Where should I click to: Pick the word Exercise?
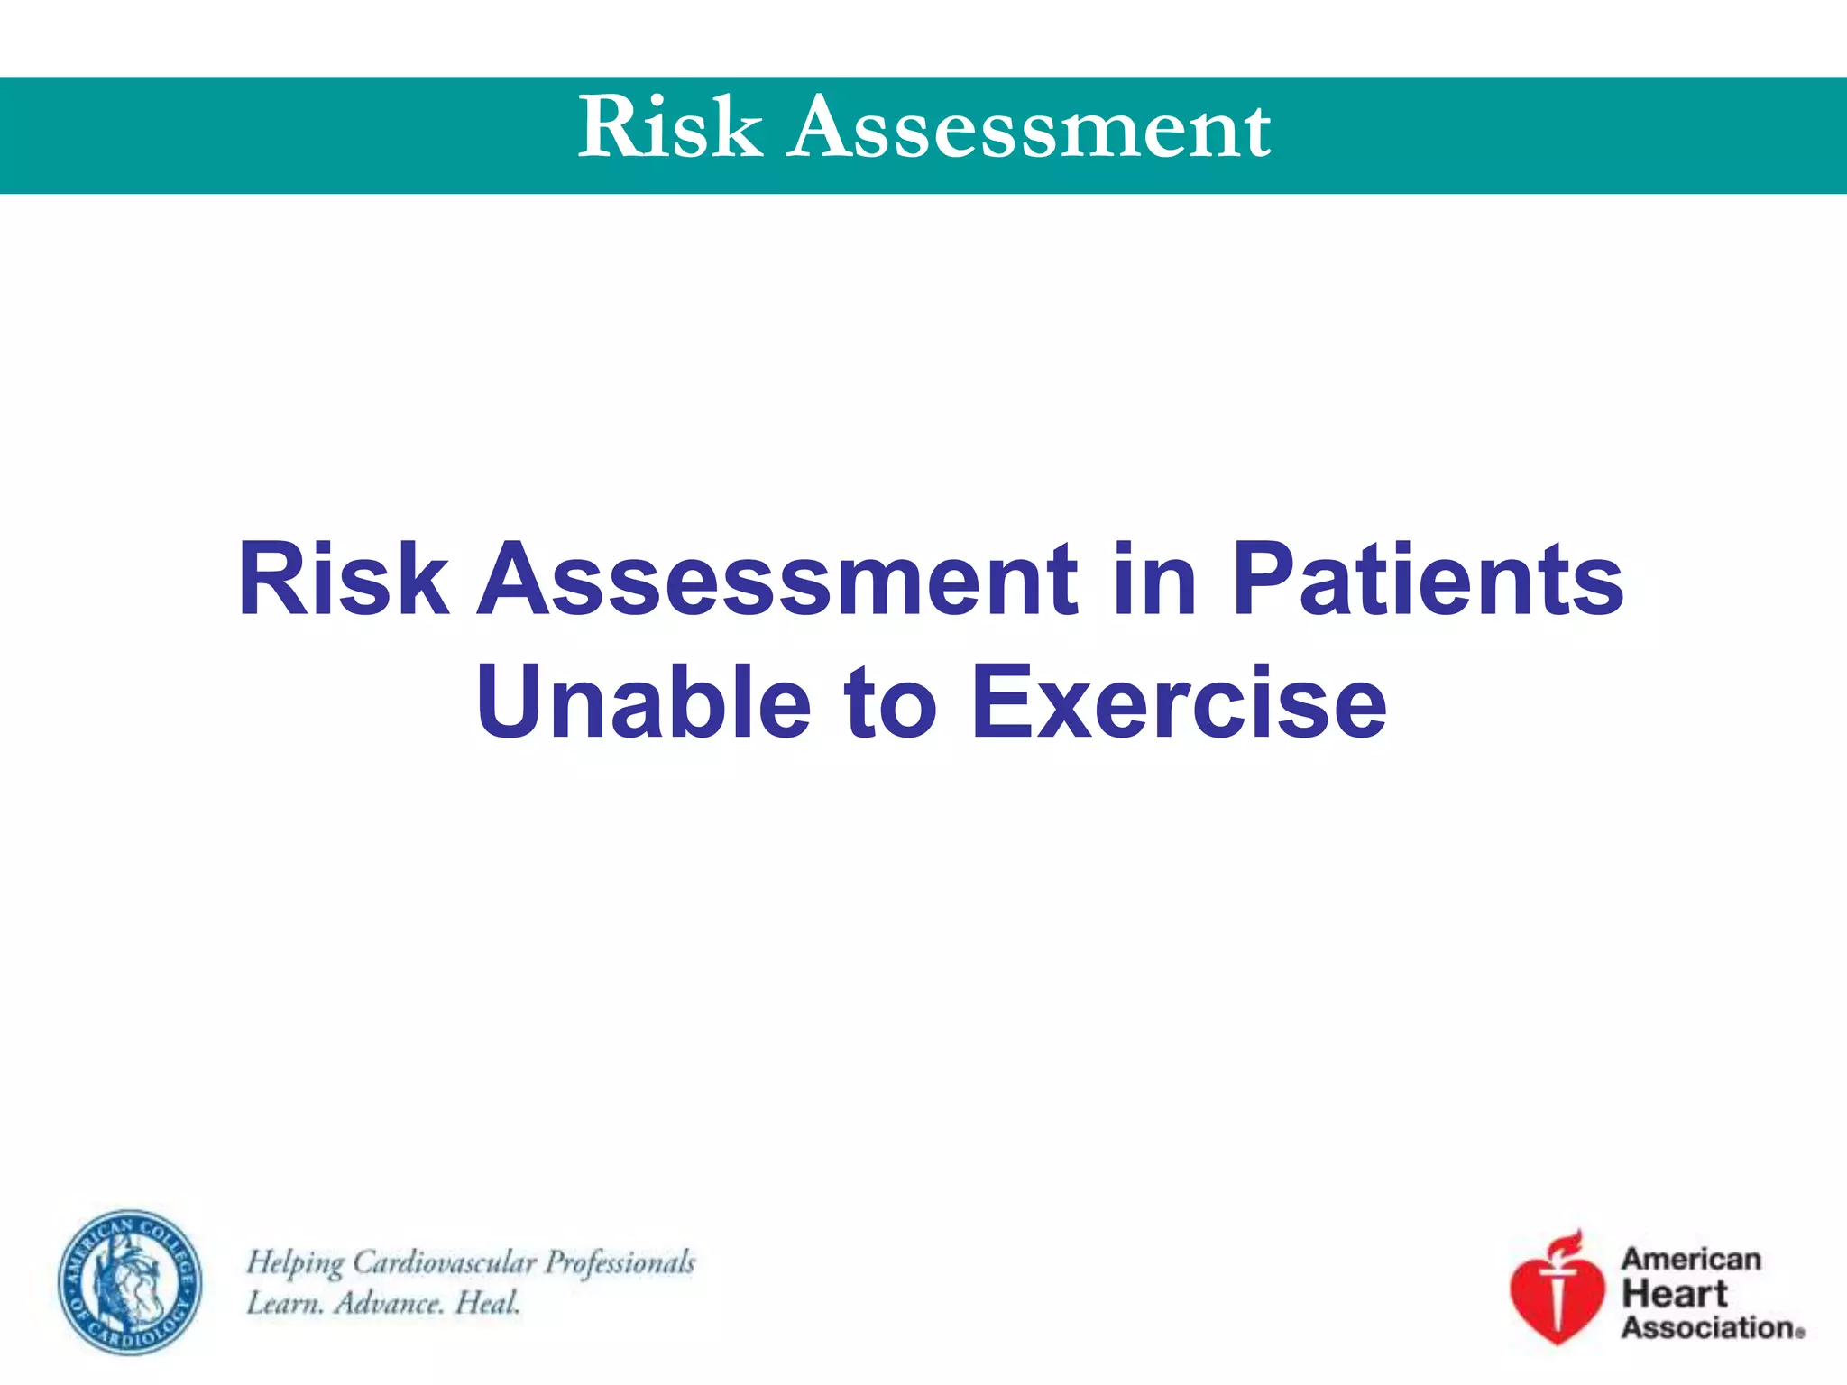coord(1179,702)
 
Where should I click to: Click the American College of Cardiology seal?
coord(131,1281)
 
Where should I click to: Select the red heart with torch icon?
coord(1558,1294)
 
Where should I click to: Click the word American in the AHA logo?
coord(1691,1259)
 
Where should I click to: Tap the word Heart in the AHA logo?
coord(1674,1294)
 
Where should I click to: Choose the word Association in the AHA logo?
coord(1708,1327)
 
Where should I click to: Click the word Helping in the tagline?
coord(295,1263)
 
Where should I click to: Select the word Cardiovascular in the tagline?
coord(445,1262)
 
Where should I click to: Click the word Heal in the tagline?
coord(488,1303)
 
